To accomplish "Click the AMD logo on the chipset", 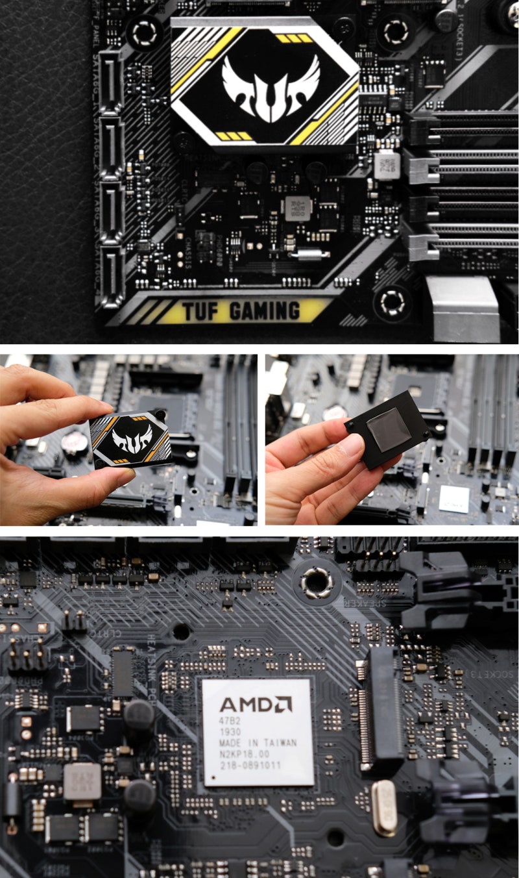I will (256, 704).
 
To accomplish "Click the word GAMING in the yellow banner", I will (265, 312).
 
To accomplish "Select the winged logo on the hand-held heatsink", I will (132, 440).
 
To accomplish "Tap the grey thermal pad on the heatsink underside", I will (387, 430).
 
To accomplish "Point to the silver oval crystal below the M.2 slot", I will (384, 807).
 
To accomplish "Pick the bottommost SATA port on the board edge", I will (111, 277).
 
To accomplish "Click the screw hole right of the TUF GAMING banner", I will (392, 301).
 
